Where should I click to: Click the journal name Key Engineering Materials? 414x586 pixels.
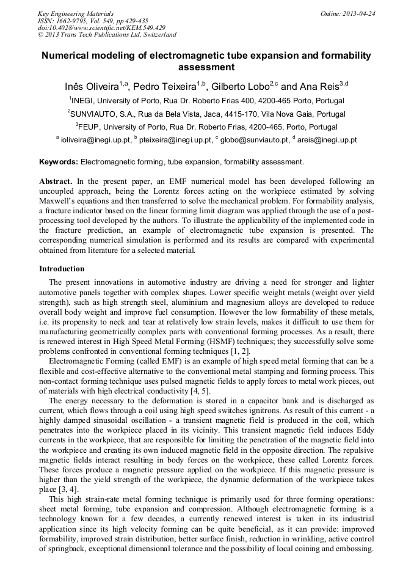(75, 13)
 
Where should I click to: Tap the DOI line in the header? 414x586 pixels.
(101, 27)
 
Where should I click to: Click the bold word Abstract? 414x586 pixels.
(56, 182)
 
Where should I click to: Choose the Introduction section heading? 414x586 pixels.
(62, 268)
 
